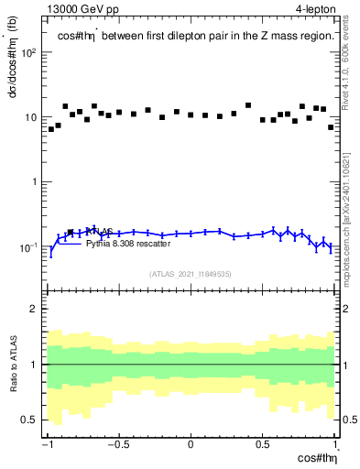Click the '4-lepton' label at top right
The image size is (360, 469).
coord(314,8)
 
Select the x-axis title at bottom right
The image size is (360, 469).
coord(314,459)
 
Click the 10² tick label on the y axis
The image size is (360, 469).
coord(29,52)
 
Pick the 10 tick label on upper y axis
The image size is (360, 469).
coord(31,117)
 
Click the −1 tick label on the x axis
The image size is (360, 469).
coord(48,445)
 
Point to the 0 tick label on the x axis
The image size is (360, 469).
coord(191,445)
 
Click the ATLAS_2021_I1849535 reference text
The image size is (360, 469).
coord(191,273)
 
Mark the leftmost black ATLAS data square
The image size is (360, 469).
coord(51,129)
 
